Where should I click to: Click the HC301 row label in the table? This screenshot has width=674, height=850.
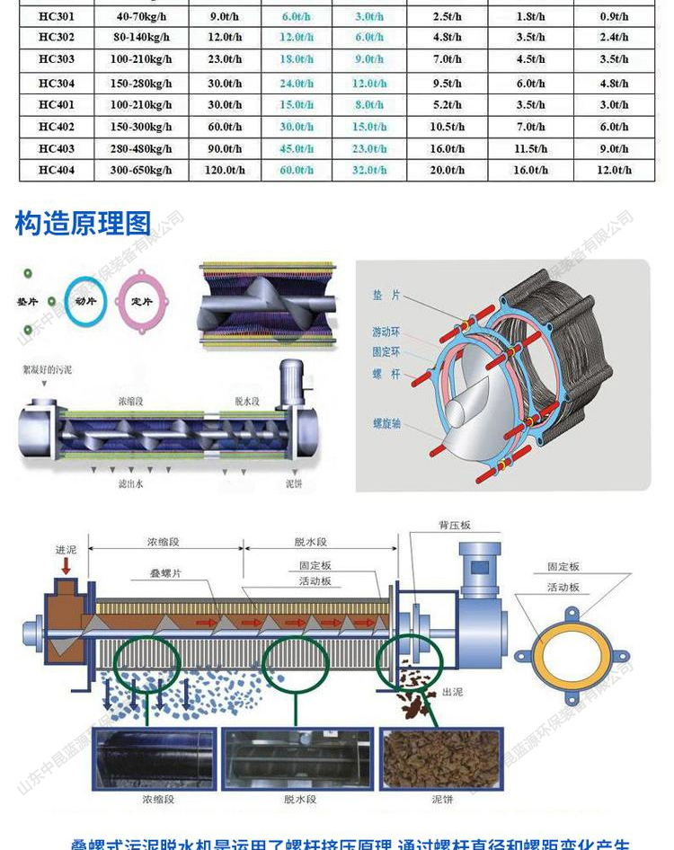pos(57,15)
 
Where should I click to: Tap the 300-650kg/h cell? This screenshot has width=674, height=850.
pos(142,170)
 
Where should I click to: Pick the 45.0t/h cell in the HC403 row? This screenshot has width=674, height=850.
pos(297,148)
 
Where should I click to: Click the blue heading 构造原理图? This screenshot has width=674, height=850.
pos(83,223)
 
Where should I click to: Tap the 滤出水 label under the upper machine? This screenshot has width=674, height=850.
pos(131,483)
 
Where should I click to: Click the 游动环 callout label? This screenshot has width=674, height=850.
pos(386,332)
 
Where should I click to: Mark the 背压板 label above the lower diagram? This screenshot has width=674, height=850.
pos(454,525)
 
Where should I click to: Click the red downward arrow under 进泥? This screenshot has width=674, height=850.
pos(66,567)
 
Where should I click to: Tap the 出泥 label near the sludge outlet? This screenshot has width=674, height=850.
pos(452,692)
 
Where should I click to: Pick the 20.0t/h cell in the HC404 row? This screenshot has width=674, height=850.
pos(447,170)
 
